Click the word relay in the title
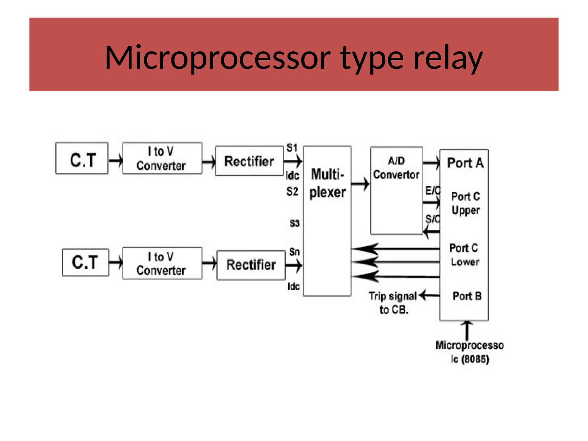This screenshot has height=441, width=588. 448,58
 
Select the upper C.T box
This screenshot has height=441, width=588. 82,158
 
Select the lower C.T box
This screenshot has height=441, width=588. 85,262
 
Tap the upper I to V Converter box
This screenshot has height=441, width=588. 162,158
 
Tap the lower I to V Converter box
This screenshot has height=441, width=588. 162,263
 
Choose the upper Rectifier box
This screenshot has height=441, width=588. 249,161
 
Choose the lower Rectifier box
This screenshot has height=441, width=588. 251,265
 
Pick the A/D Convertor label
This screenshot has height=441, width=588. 396,168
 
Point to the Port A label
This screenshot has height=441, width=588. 465,163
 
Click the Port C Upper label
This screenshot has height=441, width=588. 465,203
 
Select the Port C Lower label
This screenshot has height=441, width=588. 464,255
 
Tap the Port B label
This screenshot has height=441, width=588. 467,296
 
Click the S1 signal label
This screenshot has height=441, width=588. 292,148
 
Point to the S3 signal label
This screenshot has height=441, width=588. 294,223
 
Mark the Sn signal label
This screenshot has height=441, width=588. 294,252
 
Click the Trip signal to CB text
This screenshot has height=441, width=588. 393,303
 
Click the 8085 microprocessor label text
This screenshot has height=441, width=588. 470,352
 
